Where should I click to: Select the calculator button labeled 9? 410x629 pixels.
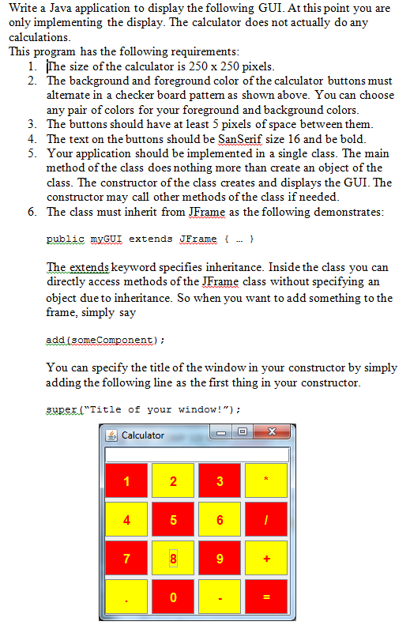tap(220, 559)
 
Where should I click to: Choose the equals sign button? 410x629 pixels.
tap(267, 598)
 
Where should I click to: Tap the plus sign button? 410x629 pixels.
tap(267, 559)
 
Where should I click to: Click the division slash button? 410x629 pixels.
tap(267, 521)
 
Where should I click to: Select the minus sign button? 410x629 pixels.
tap(220, 598)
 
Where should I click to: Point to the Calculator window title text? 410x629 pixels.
tap(143, 435)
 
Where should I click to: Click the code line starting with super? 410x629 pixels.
tap(143, 409)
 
